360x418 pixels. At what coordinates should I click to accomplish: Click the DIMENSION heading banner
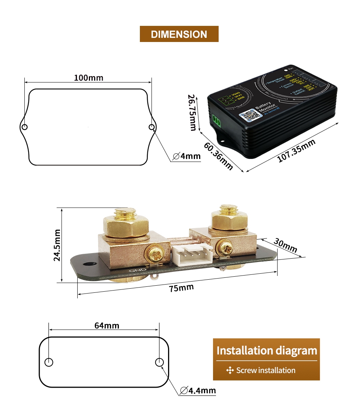[179, 34]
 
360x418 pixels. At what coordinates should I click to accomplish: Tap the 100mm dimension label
[88, 78]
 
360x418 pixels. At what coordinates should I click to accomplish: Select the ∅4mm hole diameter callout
[187, 156]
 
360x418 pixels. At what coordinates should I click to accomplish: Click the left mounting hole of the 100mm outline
[24, 127]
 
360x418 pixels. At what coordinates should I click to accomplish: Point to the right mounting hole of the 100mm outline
[151, 127]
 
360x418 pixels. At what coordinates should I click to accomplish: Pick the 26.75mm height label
[192, 112]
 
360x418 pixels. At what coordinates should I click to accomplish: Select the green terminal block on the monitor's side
[216, 120]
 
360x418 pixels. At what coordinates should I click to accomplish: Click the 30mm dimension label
[285, 245]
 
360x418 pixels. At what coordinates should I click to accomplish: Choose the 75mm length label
[181, 288]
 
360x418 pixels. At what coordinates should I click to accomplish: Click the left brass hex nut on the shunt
[126, 223]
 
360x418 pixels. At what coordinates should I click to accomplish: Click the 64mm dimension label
[106, 325]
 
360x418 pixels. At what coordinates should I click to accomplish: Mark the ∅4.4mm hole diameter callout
[198, 391]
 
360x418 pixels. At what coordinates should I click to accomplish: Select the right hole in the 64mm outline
[159, 362]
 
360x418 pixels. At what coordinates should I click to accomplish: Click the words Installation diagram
[267, 351]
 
